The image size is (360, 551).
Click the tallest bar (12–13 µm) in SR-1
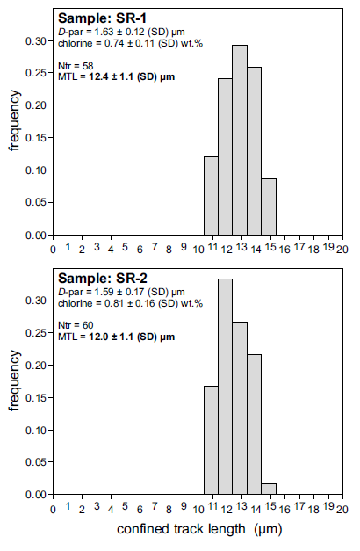[240, 141]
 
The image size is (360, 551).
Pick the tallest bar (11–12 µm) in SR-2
[225, 387]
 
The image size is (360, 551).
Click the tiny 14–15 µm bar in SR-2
[269, 489]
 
